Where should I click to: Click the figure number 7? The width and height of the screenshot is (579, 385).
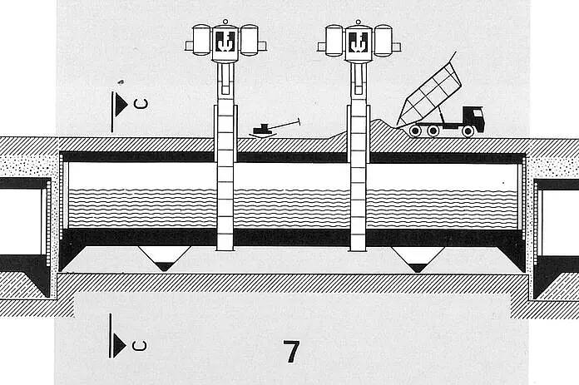click(x=291, y=352)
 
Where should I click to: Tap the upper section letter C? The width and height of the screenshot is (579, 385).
click(x=141, y=104)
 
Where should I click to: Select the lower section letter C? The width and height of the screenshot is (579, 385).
click(x=139, y=346)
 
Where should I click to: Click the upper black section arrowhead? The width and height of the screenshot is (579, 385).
click(x=121, y=105)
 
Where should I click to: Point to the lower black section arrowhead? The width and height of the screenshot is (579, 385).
click(x=120, y=346)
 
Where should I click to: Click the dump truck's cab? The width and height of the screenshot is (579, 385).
click(x=473, y=118)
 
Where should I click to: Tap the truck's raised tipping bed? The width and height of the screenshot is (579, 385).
click(x=430, y=94)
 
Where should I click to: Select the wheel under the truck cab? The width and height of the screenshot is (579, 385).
click(x=468, y=131)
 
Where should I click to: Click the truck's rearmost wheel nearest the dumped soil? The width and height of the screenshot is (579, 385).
click(x=415, y=131)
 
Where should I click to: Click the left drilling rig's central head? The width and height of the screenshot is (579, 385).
click(x=225, y=42)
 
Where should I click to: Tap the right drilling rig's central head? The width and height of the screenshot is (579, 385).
click(x=359, y=42)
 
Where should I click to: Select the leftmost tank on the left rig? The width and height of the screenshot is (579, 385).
click(x=201, y=40)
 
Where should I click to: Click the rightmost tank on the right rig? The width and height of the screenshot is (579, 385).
click(x=383, y=40)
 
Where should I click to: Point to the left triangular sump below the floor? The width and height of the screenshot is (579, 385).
click(x=165, y=259)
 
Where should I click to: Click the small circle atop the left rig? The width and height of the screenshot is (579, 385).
click(x=225, y=22)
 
